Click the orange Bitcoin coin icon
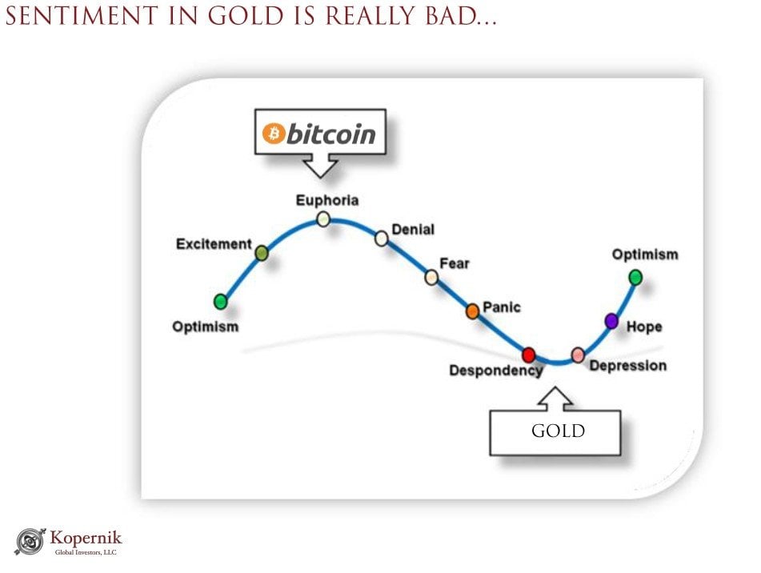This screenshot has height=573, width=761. click(274, 133)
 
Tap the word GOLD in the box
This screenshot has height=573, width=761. click(558, 431)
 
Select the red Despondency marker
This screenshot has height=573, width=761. click(528, 355)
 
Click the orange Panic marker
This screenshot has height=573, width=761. click(473, 311)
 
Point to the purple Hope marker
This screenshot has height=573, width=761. click(611, 321)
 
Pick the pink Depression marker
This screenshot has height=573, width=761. click(578, 355)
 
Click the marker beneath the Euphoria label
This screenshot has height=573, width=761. click(323, 219)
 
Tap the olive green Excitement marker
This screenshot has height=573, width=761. click(262, 253)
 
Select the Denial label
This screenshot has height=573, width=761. click(413, 230)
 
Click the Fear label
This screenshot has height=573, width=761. click(455, 263)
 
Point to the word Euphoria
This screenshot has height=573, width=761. click(327, 200)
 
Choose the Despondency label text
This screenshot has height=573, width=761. click(496, 371)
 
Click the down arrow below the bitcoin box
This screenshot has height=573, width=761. click(320, 166)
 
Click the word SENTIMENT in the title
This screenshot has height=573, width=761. click(82, 16)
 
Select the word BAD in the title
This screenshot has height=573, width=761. click(452, 16)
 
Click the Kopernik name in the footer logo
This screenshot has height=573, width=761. click(86, 538)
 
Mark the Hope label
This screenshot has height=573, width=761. click(644, 327)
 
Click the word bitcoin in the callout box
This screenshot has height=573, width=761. click(331, 134)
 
